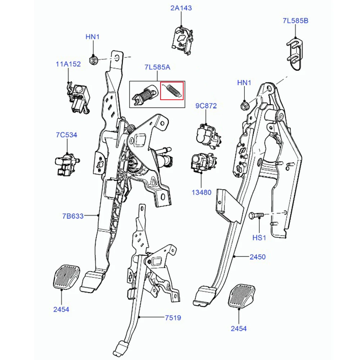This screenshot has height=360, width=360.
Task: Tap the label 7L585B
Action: click(296, 21)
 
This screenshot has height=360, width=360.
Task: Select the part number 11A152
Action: click(68, 64)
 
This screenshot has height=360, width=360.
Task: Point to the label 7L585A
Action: click(157, 67)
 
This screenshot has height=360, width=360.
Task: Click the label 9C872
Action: click(206, 106)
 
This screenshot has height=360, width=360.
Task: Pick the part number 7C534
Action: click(66, 135)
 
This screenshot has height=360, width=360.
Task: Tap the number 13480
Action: click(201, 192)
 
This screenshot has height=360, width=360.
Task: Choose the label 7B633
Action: click(73, 216)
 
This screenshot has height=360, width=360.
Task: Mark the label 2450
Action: click(257, 257)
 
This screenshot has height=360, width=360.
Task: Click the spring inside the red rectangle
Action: click(172, 90)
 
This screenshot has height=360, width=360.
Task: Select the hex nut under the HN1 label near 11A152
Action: click(93, 59)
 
